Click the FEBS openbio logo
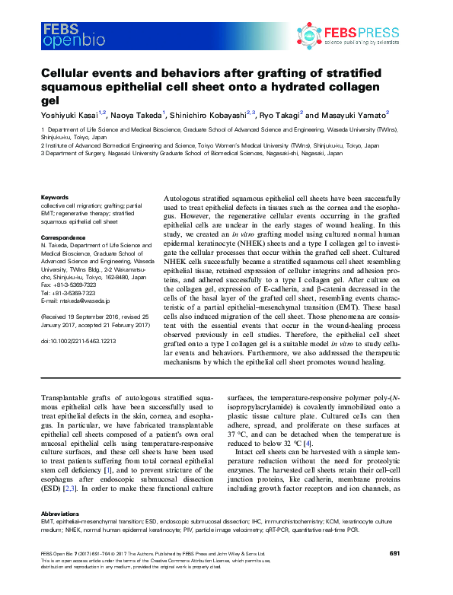coord(69,34)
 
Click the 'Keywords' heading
coord(53,198)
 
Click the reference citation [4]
coord(307,443)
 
